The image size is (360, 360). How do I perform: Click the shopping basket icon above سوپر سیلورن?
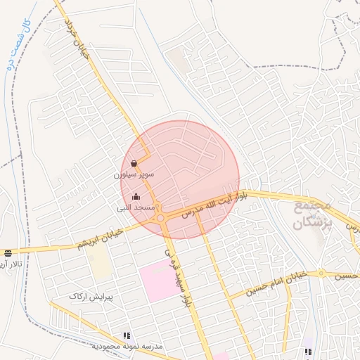(134, 164)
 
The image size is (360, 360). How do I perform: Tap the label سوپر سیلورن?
(134, 174)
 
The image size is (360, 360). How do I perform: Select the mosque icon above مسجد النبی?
(136, 196)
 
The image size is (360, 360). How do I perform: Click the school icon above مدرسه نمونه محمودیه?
(127, 337)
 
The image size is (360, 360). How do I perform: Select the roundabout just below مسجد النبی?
(161, 218)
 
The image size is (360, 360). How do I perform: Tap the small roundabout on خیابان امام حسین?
(321, 272)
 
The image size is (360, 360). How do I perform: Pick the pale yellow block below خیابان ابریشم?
(102, 263)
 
